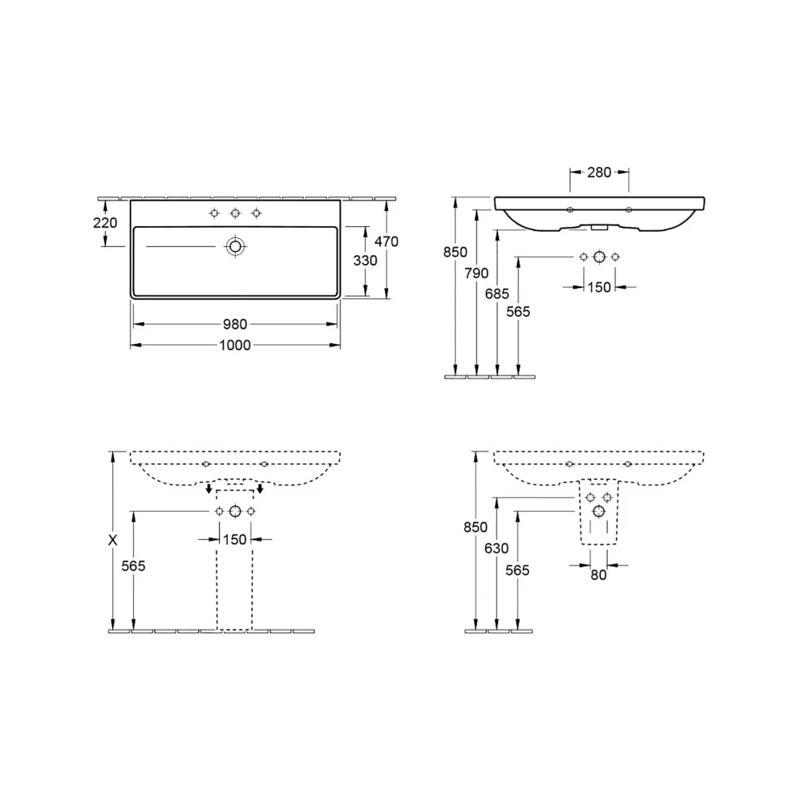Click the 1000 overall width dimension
pyautogui.click(x=235, y=345)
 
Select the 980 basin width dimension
pyautogui.click(x=235, y=324)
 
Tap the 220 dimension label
pyautogui.click(x=105, y=223)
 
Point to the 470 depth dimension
pyautogui.click(x=387, y=241)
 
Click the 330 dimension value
pyautogui.click(x=365, y=261)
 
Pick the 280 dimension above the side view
pyautogui.click(x=599, y=172)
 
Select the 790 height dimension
pyautogui.click(x=476, y=273)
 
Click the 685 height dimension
pyautogui.click(x=497, y=294)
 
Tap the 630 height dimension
pyautogui.click(x=496, y=549)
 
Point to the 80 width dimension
pyautogui.click(x=598, y=575)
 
